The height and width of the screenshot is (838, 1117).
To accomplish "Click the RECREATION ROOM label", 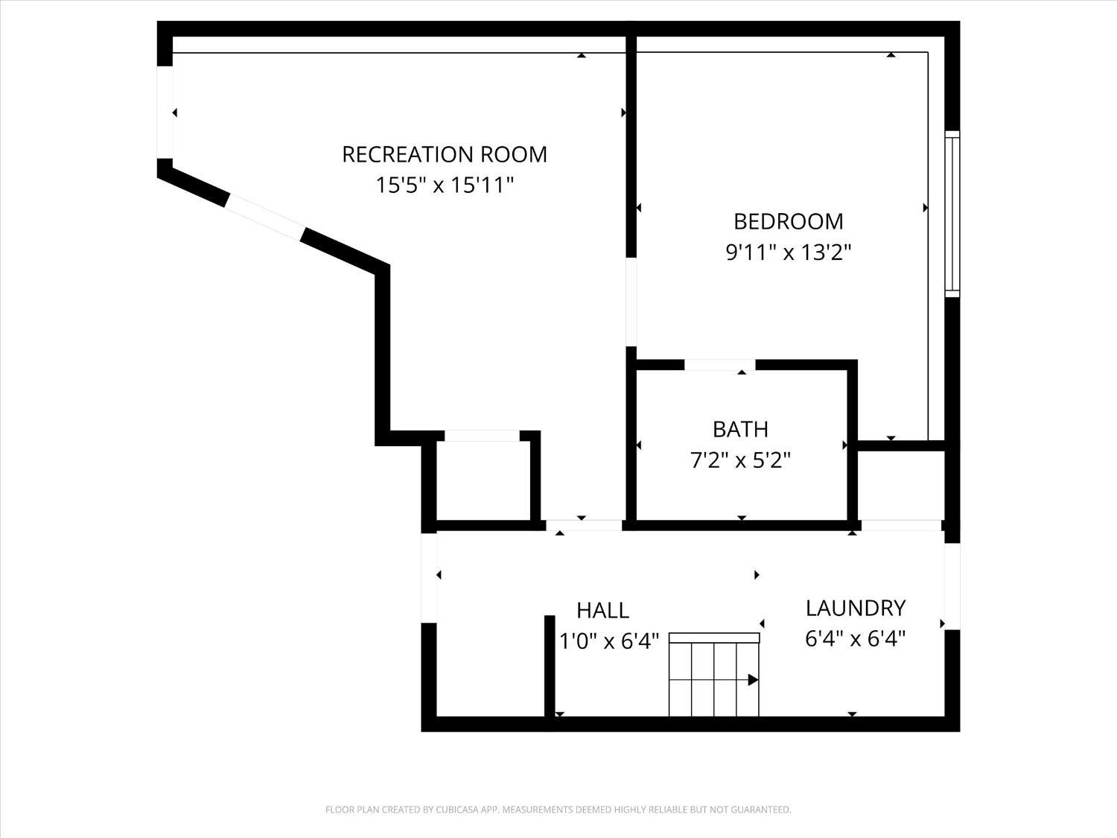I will (x=445, y=154).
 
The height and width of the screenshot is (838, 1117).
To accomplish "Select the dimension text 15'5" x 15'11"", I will (x=445, y=185).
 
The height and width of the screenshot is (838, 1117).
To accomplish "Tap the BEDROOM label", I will (x=788, y=221).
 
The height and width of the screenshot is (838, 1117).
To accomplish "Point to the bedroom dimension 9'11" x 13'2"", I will (x=788, y=253).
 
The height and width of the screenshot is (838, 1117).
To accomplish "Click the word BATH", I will (x=740, y=429).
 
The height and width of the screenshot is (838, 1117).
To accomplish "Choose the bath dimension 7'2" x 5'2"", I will (x=740, y=460).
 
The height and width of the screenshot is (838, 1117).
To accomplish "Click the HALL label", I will (x=603, y=611).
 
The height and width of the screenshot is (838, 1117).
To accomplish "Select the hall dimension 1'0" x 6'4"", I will (x=609, y=641).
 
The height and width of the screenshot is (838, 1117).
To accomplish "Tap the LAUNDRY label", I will (x=856, y=609).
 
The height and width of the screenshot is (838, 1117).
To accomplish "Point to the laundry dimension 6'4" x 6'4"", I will (x=856, y=639).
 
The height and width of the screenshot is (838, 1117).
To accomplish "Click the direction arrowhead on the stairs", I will (x=753, y=680).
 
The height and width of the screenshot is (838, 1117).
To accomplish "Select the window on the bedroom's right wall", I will (x=952, y=215).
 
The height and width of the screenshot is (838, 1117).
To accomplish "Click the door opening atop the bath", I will (x=719, y=365).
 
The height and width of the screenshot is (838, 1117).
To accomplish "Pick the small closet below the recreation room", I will (x=483, y=480).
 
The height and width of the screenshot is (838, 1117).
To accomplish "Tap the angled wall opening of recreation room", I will (x=264, y=217).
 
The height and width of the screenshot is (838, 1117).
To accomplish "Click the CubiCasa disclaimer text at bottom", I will (x=558, y=810).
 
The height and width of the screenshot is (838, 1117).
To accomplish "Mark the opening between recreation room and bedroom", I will (x=631, y=302).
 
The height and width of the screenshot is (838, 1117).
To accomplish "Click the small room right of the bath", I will (x=901, y=485).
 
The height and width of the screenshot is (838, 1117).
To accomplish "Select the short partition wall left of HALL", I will (x=550, y=666).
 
